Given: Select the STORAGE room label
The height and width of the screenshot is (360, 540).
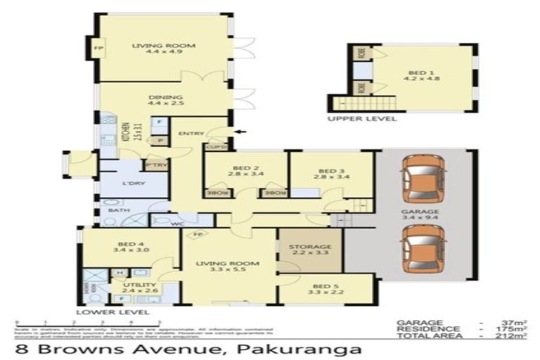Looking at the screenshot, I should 310,247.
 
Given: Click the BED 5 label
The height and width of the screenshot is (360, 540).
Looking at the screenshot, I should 325,287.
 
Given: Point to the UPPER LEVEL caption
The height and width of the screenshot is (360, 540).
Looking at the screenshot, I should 361,119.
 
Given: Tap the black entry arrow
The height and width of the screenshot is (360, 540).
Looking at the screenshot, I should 242,131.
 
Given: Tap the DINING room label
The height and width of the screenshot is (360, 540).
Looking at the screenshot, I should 165,97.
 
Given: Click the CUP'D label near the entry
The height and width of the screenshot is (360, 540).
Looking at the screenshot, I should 215,147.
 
